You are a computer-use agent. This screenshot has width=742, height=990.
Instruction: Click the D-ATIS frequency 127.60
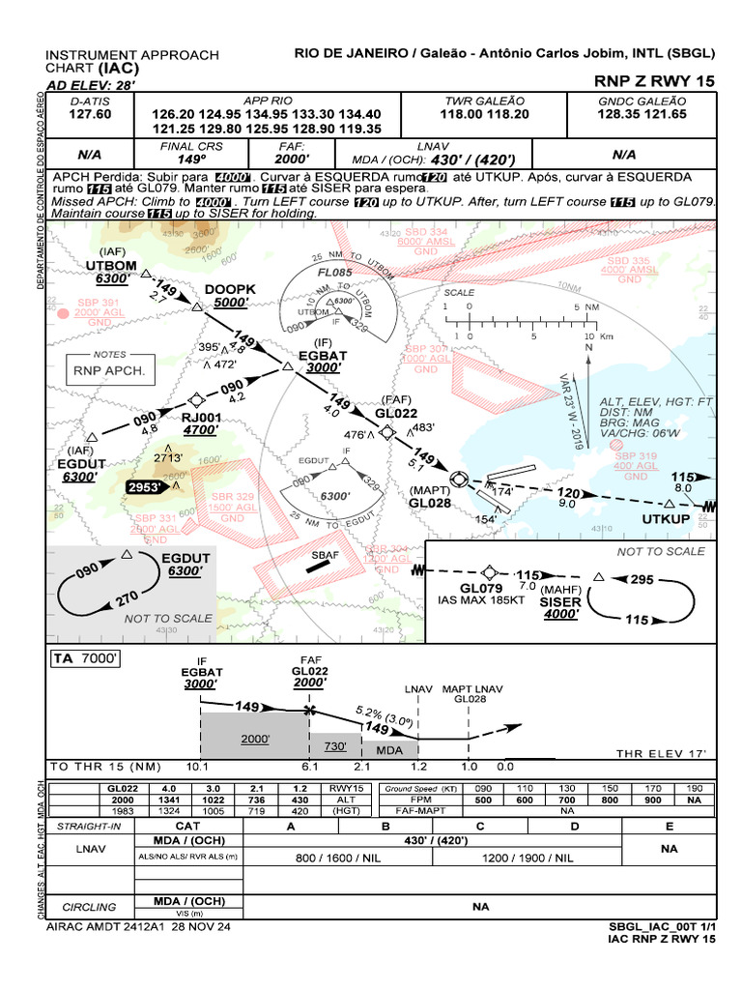90,114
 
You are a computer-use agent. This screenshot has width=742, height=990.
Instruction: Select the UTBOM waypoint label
111,265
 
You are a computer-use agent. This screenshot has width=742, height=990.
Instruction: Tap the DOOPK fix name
230,289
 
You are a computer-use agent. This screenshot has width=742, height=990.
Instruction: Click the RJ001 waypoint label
201,418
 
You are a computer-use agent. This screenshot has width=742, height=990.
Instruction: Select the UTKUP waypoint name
667,519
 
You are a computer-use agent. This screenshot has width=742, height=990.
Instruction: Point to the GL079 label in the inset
481,588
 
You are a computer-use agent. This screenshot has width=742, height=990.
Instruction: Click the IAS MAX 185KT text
481,600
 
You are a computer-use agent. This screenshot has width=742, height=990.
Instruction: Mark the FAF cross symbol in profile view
309,711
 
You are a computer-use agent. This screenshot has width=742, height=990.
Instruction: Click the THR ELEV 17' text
661,753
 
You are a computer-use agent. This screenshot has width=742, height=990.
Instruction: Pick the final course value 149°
191,159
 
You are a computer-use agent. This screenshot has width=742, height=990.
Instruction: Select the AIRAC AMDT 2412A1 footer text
137,926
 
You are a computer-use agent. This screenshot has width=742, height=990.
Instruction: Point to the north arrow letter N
587,346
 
